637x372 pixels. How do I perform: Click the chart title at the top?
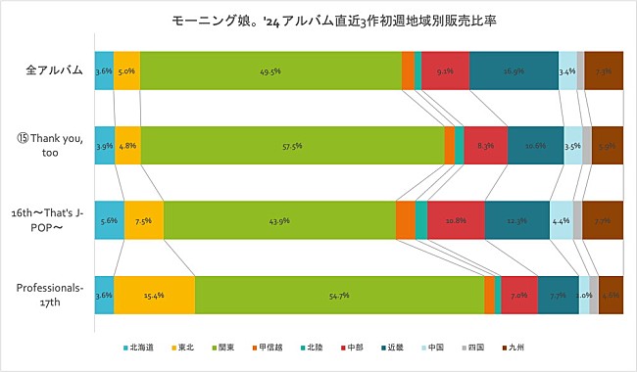coord(318,20)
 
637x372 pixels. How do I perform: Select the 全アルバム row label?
coord(54,70)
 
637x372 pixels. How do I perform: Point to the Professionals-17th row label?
coord(49,295)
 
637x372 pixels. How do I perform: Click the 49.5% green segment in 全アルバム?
coord(270,70)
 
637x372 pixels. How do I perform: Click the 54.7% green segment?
coord(339,295)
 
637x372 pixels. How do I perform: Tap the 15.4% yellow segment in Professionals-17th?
coord(154,295)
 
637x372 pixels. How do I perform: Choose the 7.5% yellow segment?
coord(144,220)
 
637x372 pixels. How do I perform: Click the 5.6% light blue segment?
coord(109,220)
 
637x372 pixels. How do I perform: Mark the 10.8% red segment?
coord(456,220)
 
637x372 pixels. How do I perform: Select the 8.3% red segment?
coord(485,145)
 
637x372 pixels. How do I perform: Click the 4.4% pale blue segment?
coord(561,220)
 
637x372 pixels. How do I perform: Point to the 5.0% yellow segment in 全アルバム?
coord(126,70)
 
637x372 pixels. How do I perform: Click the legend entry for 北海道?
coord(140,347)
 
